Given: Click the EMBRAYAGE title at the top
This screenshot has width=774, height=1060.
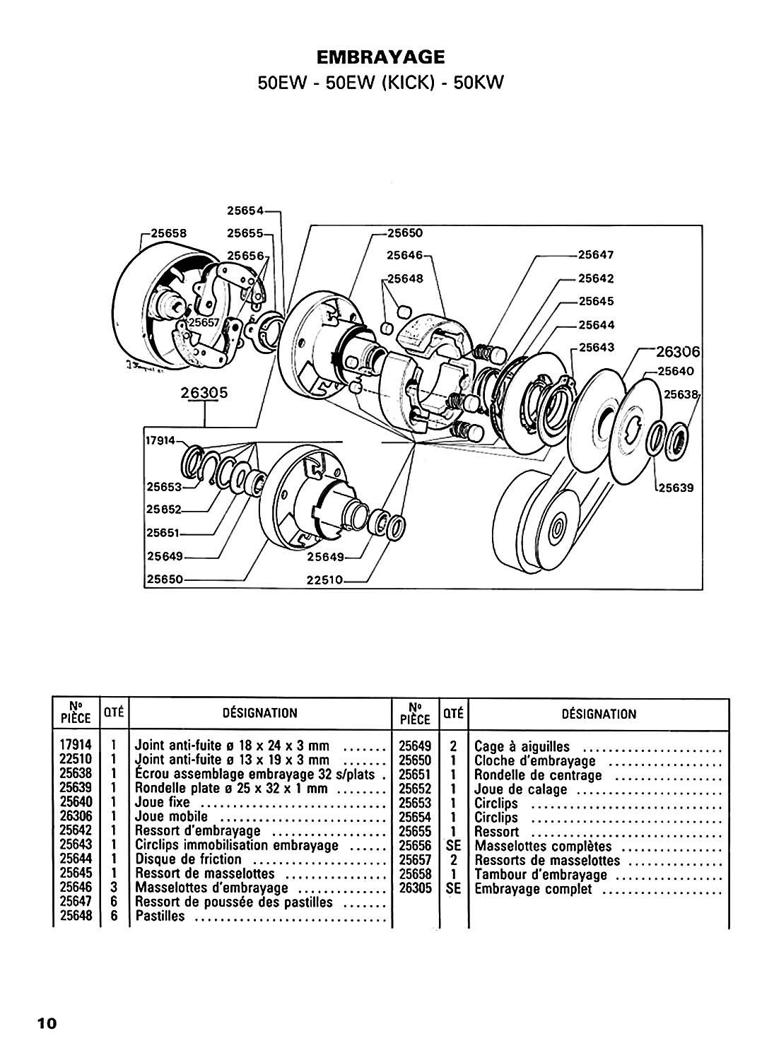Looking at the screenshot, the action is (380, 57).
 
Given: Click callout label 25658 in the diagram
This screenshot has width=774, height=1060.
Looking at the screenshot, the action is (168, 232).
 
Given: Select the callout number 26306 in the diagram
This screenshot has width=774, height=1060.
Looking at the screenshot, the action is (677, 352).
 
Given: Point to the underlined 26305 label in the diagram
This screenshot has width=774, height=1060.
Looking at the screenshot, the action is (204, 392).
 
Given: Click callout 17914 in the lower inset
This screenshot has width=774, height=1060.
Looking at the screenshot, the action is (160, 440).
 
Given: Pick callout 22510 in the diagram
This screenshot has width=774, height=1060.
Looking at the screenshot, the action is (324, 579).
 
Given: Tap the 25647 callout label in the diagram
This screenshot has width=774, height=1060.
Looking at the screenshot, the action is (596, 254).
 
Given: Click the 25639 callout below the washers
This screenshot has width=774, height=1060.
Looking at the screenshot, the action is (676, 488).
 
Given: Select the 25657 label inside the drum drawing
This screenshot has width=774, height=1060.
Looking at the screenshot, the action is (204, 322).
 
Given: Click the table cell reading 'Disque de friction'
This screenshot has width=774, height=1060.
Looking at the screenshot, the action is (189, 859).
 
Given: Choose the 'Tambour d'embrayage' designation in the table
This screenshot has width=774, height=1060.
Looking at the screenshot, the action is (541, 875).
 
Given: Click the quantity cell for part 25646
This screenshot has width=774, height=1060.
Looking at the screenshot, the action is (114, 888).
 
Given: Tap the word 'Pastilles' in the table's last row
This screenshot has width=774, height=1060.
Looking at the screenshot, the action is (160, 916).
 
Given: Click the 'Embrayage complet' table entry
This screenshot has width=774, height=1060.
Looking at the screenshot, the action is (533, 889).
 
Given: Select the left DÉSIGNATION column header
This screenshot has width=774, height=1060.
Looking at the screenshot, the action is (260, 712).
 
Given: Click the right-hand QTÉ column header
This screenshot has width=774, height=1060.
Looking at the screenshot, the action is (453, 714).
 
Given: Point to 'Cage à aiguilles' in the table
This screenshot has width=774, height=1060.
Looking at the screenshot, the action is (522, 746).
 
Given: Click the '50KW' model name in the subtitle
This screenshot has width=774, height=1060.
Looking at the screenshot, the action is (478, 83).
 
